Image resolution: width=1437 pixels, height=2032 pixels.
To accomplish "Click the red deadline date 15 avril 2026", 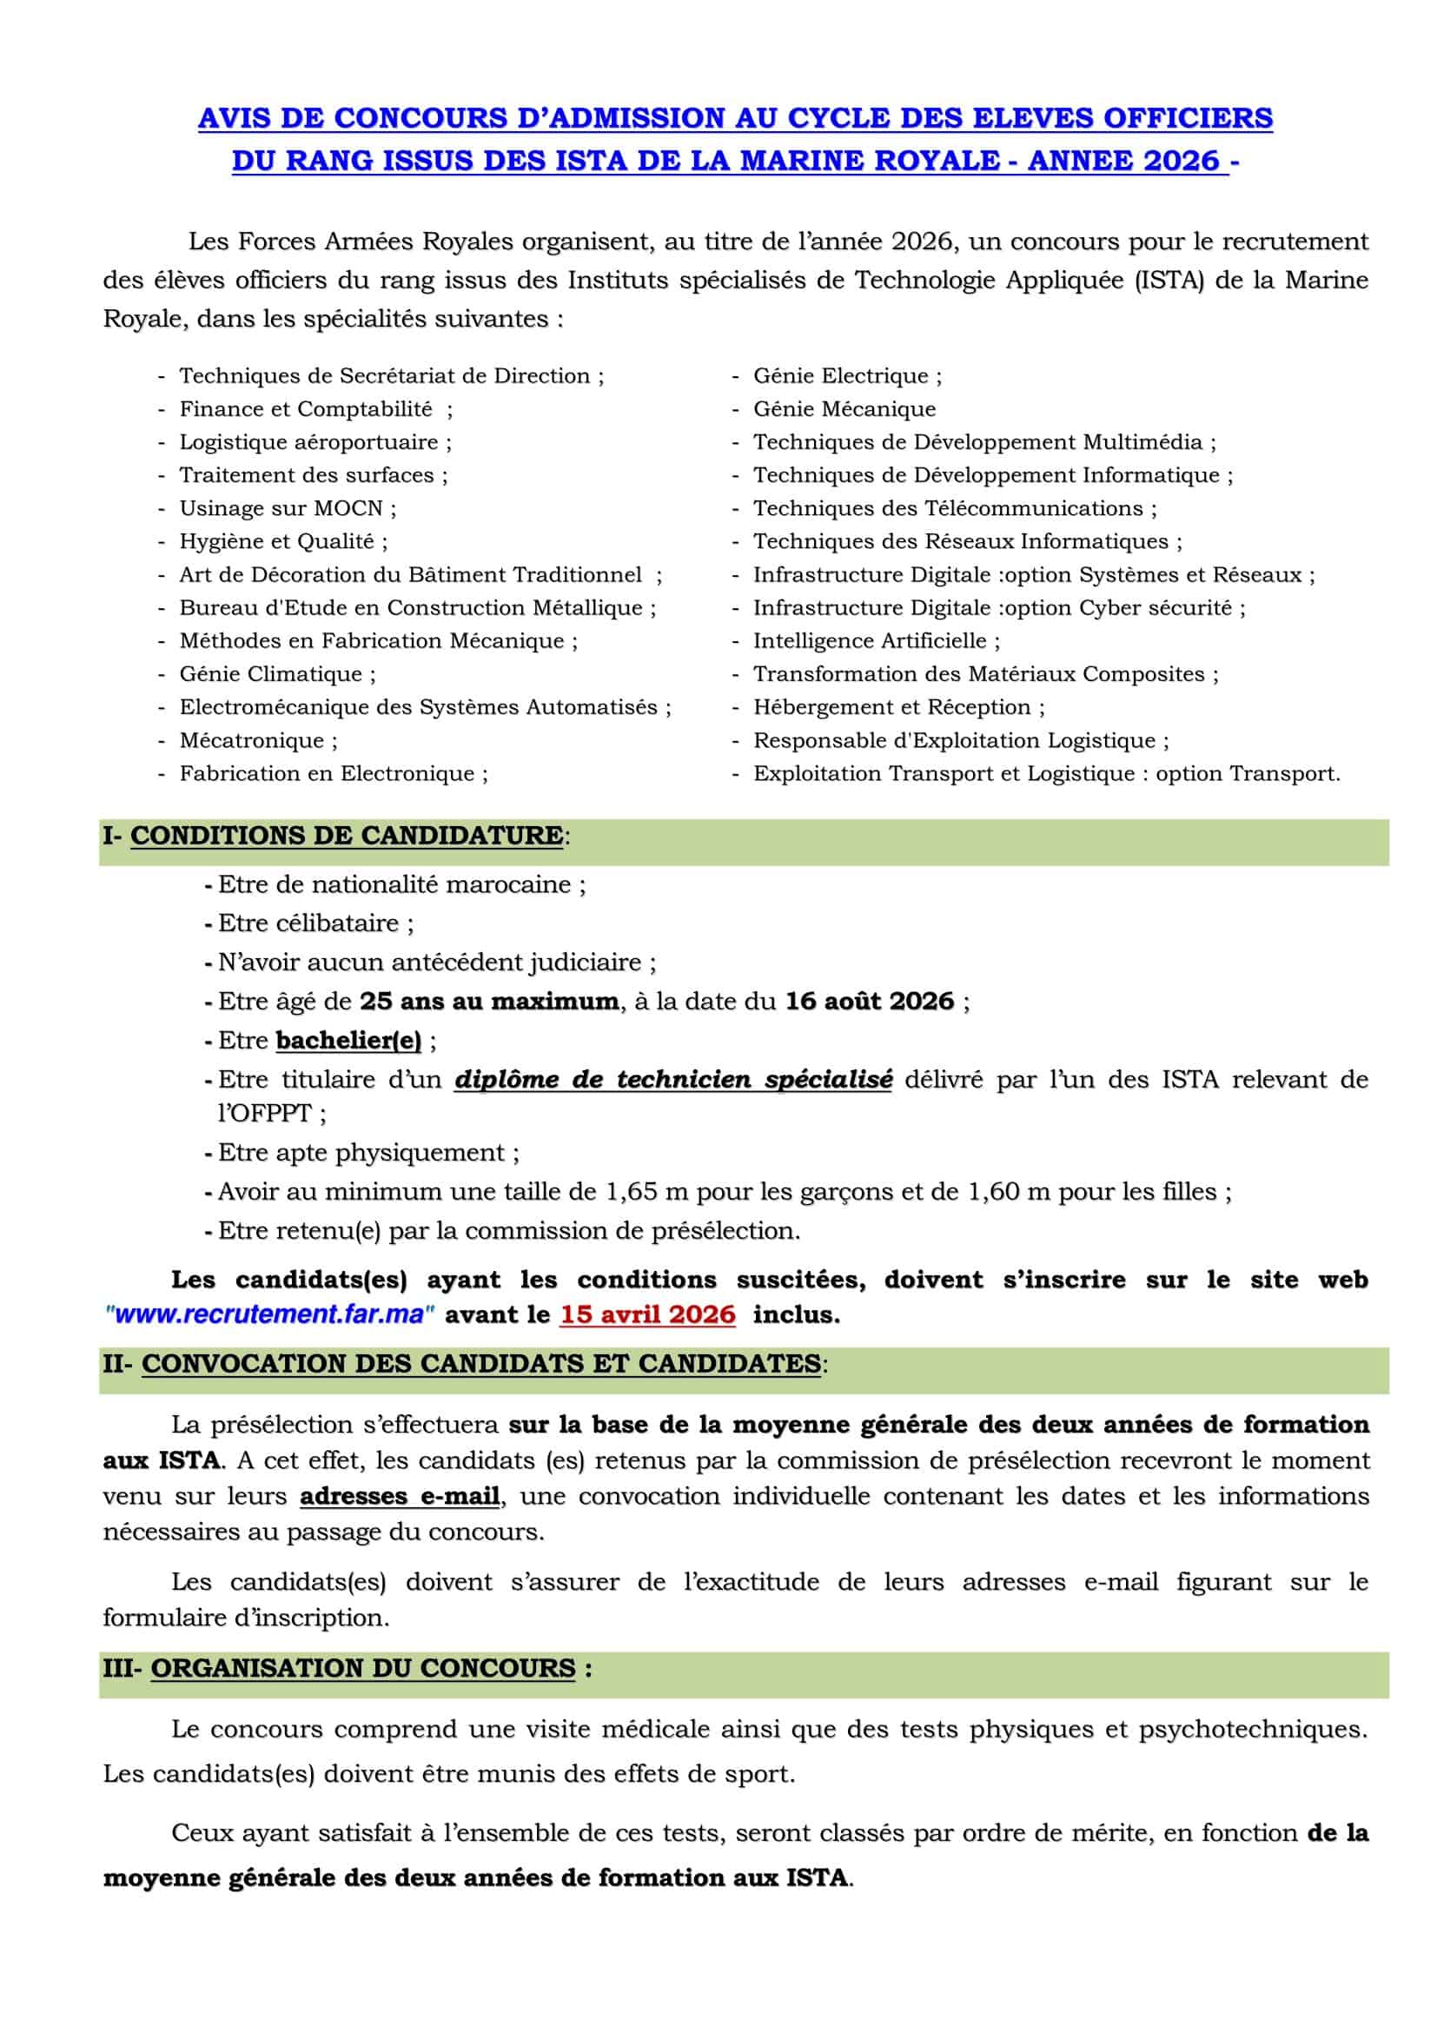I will (x=647, y=1314).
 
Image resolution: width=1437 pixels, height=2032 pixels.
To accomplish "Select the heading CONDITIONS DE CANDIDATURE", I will (x=346, y=836).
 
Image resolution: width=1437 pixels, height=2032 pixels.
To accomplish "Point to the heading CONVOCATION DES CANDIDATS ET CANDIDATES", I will (x=481, y=1364).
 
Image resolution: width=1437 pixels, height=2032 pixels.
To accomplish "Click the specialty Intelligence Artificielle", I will (x=870, y=641).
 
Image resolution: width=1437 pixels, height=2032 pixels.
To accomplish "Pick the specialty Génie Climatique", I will (x=271, y=674).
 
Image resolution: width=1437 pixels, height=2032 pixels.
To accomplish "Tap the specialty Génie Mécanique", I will (x=844, y=409).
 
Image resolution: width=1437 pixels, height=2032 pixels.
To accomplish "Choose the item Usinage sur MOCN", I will (x=281, y=509).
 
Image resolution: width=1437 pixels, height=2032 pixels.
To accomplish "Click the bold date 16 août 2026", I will (x=870, y=1002).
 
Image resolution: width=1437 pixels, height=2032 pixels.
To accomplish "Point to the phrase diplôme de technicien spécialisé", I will (x=673, y=1080).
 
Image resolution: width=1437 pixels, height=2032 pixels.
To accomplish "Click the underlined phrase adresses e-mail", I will (x=400, y=1497).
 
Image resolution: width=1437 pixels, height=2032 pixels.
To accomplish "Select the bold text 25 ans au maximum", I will (x=489, y=1002).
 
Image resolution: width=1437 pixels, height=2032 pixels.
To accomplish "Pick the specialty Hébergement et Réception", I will (x=892, y=707).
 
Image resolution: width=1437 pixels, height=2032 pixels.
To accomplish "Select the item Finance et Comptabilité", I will (x=306, y=409).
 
